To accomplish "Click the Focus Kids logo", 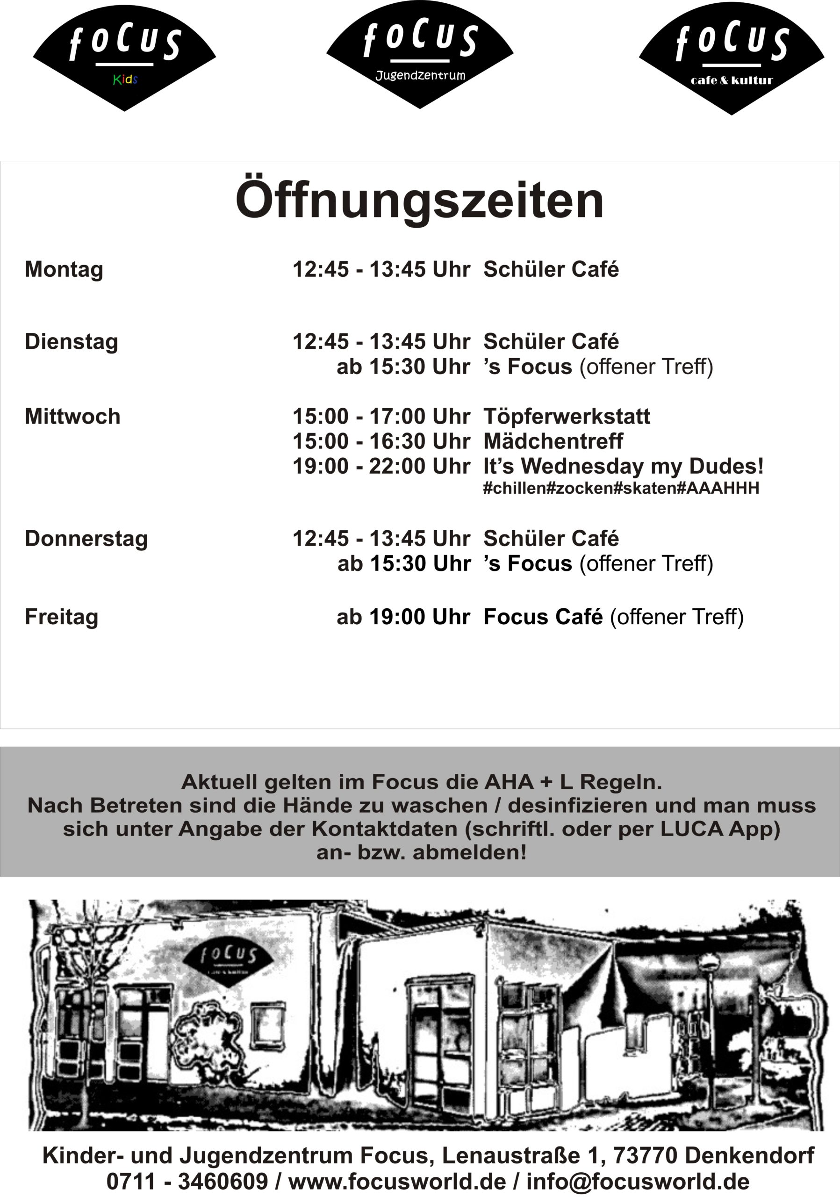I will [x=124, y=58].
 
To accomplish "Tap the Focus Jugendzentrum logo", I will [x=420, y=55].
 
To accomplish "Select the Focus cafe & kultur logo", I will [x=732, y=58].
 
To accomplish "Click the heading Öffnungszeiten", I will [x=419, y=201].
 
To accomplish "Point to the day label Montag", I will [x=64, y=269].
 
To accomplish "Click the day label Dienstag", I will [x=72, y=342].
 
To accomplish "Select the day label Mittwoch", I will [x=72, y=417].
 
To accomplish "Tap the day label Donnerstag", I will [x=86, y=539].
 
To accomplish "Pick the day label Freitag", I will [x=62, y=617].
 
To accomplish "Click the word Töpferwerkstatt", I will [x=567, y=417].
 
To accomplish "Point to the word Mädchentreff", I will [x=553, y=441].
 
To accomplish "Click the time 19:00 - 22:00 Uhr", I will [x=381, y=466].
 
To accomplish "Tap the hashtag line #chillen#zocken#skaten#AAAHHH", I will [x=621, y=488].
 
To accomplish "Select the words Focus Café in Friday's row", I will [x=543, y=617].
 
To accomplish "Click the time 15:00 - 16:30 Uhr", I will [x=381, y=441].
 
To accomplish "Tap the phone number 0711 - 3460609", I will [x=187, y=1182].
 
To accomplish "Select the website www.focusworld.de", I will [x=397, y=1182].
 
